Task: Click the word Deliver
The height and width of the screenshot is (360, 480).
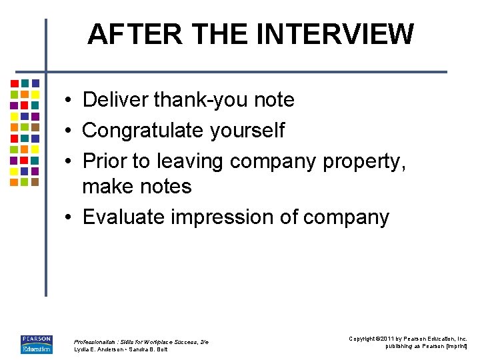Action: (115, 100)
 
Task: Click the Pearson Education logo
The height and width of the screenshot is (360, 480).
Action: (37, 344)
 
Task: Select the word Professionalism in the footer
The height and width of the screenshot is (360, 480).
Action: (96, 342)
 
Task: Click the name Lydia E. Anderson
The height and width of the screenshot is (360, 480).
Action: (98, 349)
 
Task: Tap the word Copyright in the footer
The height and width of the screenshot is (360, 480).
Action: (363, 339)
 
